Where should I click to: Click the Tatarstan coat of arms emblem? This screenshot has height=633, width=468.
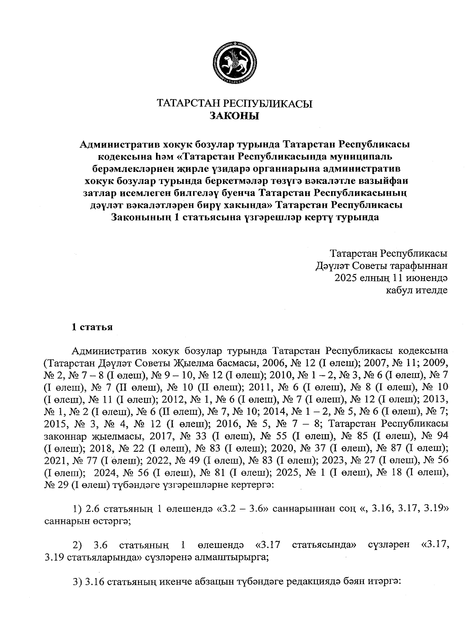[234, 63]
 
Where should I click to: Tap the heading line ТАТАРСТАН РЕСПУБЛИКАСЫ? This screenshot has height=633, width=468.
[234, 104]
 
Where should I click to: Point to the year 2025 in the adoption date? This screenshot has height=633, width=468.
[347, 278]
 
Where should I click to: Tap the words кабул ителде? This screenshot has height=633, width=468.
[416, 290]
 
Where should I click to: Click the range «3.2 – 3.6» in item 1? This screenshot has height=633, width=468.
[242, 509]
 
